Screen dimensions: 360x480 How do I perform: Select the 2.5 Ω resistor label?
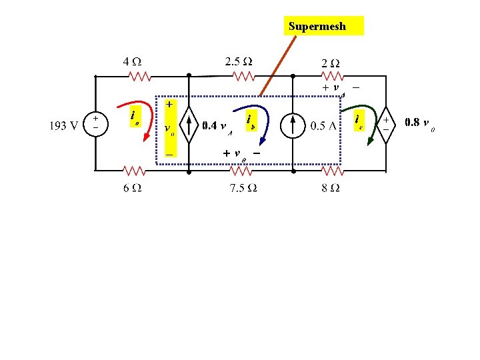pos(239,61)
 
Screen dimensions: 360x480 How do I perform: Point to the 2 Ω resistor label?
pos(331,63)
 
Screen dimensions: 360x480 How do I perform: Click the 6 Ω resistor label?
pos(131,187)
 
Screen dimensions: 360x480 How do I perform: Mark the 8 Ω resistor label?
pos(329,188)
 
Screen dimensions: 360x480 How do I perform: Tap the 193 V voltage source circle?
pos(96,123)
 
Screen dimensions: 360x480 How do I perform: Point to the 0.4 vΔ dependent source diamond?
pos(189,124)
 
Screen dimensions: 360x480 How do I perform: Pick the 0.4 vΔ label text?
pos(217,125)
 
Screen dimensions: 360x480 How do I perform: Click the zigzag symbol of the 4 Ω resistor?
pos(141,77)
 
